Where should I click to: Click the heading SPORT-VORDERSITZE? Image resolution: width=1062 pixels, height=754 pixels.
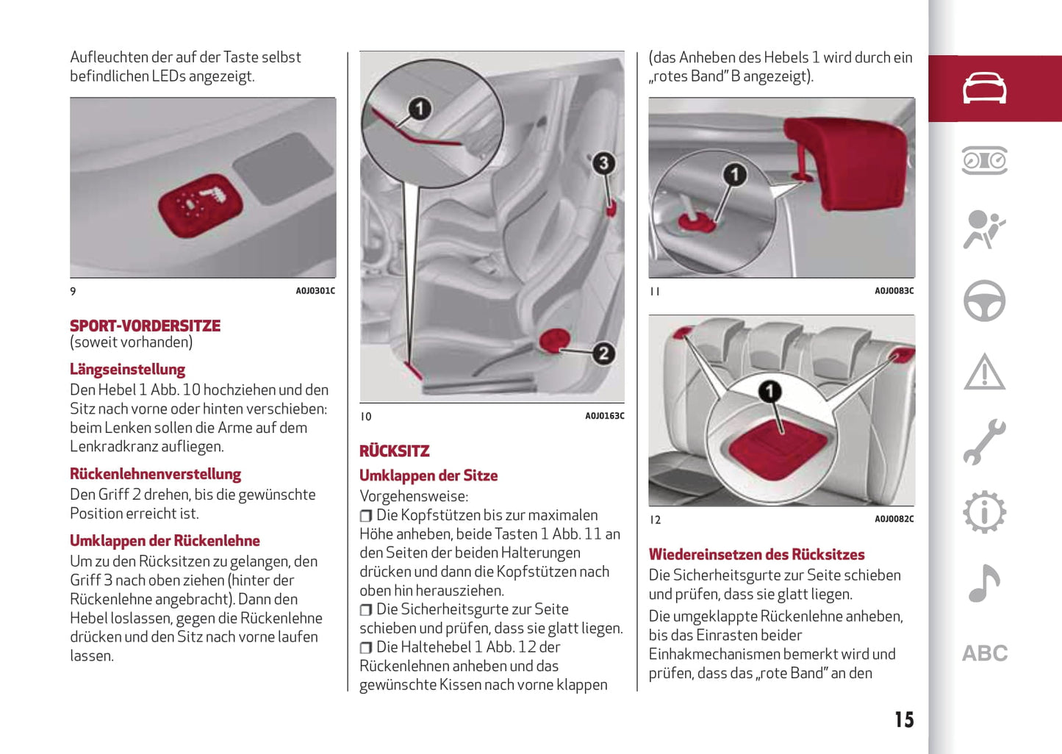pos(145,326)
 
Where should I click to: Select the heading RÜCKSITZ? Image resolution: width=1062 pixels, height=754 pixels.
pos(394,451)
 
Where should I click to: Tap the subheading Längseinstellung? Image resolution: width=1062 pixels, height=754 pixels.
pos(127,369)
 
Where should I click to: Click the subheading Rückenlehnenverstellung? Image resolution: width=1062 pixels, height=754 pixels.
pos(155,474)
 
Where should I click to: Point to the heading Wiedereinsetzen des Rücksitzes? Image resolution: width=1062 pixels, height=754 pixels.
pos(756,555)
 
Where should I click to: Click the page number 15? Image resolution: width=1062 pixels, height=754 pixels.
pos(904,719)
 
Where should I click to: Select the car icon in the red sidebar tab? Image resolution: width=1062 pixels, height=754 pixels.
pos(985,88)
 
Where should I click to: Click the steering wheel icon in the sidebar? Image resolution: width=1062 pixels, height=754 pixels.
pos(985,301)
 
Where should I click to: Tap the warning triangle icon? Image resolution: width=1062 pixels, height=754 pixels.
pos(985,372)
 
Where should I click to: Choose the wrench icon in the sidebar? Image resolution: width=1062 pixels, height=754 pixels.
pos(985,442)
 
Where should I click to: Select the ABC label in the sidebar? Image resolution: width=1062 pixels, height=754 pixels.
pos(985,653)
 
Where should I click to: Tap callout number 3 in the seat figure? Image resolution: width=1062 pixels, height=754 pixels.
pos(603,163)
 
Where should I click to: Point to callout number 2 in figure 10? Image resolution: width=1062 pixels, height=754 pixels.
pos(603,353)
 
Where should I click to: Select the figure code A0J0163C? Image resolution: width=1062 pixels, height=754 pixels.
pos(604,416)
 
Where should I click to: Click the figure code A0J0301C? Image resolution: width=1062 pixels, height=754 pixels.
pos(315,291)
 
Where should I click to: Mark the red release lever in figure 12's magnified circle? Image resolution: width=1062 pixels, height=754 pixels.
pos(778,448)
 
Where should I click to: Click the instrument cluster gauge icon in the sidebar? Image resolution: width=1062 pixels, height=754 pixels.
pos(985,160)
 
